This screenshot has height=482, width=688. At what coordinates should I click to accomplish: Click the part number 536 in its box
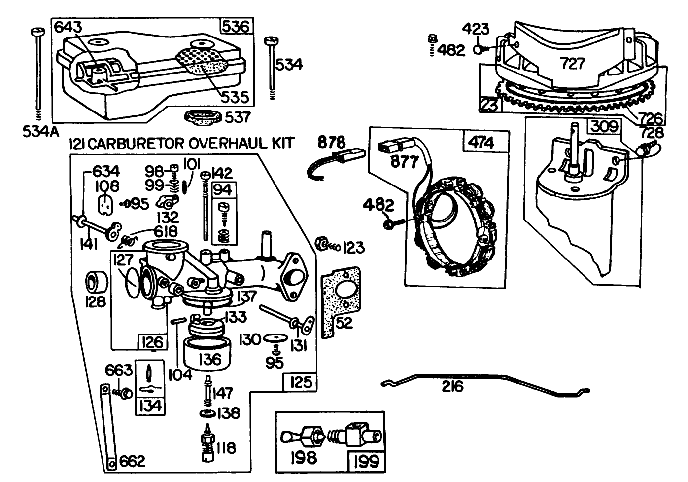click(x=236, y=26)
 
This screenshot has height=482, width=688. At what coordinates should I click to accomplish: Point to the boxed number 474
click(x=481, y=143)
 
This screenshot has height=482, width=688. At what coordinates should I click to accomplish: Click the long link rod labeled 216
click(x=485, y=382)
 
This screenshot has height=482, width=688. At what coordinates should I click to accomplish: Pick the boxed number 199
click(x=366, y=461)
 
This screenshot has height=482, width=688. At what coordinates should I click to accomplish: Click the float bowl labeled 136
click(x=209, y=353)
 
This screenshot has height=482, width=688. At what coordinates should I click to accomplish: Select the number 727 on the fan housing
click(x=572, y=64)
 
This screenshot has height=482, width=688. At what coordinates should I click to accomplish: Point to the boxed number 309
click(x=604, y=127)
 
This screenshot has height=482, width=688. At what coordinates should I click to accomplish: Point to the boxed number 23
click(x=489, y=104)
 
